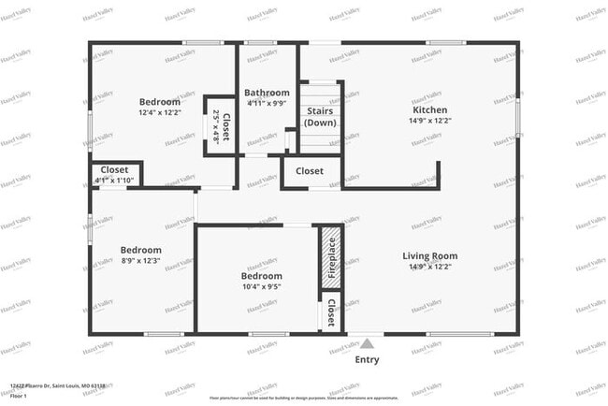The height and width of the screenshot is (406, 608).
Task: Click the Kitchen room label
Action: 430,109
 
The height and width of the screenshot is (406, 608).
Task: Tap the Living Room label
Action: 430,255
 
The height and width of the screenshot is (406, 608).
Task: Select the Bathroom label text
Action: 267,94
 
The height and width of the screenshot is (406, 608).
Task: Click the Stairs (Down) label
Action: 321,117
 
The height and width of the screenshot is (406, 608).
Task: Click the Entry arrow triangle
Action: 368,343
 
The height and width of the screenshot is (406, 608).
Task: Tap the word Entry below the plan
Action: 368,359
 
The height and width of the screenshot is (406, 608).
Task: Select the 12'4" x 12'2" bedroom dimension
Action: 159,113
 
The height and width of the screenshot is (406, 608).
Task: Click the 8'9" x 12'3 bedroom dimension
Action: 140,261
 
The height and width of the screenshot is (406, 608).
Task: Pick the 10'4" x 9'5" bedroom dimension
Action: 262,287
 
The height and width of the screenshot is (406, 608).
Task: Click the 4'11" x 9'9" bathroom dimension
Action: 267,104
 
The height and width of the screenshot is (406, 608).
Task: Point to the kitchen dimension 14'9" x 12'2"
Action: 430,120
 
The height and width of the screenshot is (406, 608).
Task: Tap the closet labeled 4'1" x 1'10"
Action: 114,174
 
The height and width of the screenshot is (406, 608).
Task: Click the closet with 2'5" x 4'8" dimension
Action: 220,125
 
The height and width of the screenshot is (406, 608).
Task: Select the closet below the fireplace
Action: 330,312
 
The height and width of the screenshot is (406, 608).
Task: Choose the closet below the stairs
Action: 310,172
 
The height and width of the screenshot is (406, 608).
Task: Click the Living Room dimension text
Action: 430,267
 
